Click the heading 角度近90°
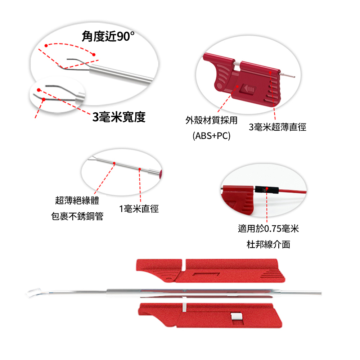[108, 36]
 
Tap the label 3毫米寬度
[119, 117]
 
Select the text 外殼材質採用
[211, 120]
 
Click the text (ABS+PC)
[211, 136]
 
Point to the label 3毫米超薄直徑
[278, 127]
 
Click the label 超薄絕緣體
[77, 201]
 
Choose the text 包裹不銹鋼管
[77, 216]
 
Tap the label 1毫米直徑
[139, 209]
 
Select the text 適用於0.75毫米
[269, 229]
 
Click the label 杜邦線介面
[269, 244]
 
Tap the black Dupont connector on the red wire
[267, 190]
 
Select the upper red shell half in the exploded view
[210, 270]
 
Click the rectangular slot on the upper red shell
[206, 274]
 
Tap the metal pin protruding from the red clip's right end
[287, 75]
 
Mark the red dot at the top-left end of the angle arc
[46, 46]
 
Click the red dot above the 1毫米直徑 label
[140, 169]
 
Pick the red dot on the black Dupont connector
[267, 189]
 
